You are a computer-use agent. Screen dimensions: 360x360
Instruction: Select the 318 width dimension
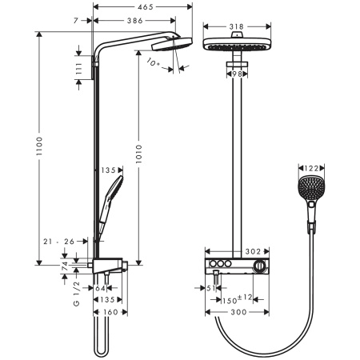point(235,26)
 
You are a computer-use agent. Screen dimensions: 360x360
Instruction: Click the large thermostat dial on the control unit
point(258,266)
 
